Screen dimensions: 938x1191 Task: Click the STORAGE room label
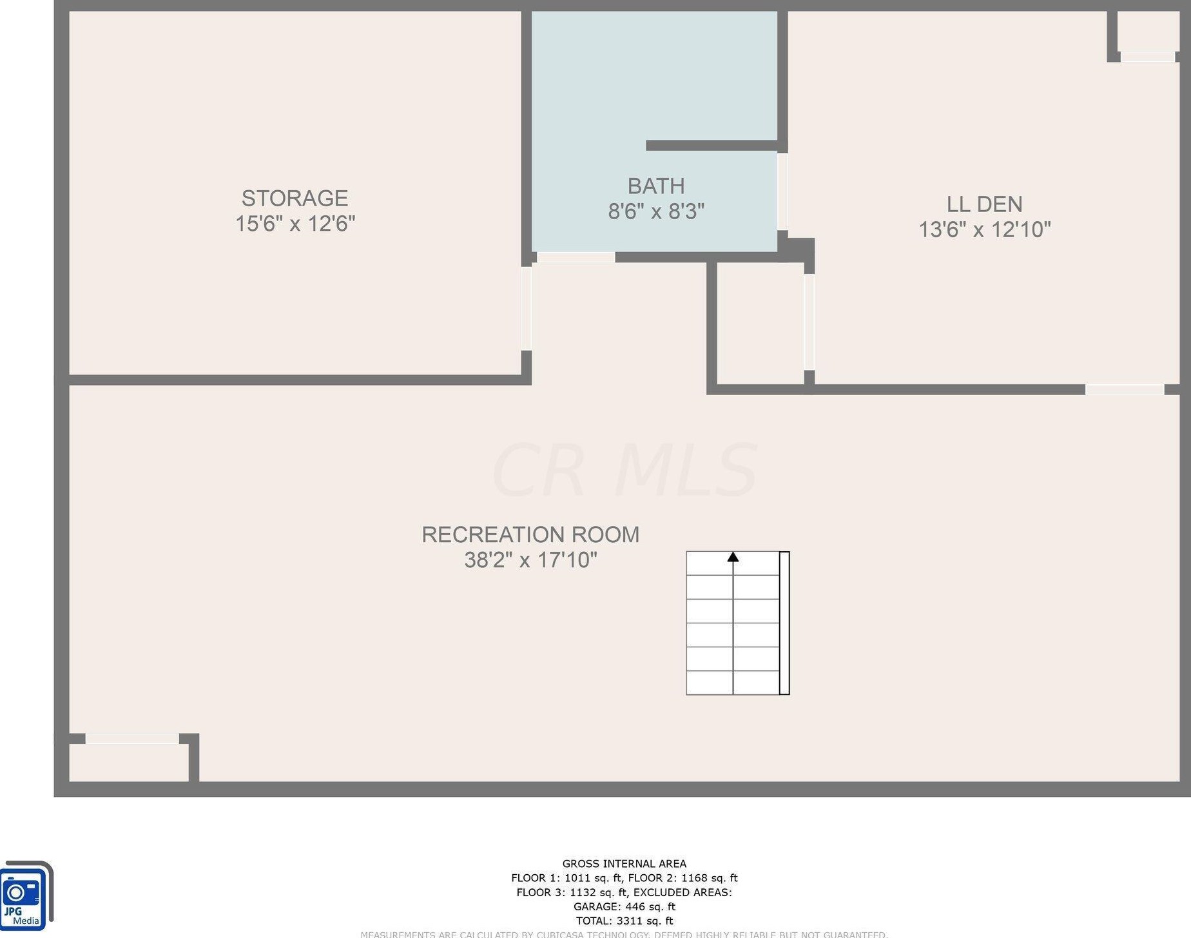coord(295,198)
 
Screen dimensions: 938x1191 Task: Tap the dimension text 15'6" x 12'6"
coord(295,224)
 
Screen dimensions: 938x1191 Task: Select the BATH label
coord(655,186)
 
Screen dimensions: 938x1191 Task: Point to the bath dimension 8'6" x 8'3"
coord(655,211)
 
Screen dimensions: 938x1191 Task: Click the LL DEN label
coord(983,204)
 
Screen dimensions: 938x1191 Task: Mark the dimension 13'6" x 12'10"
coord(983,230)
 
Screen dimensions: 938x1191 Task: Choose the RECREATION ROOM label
coord(530,534)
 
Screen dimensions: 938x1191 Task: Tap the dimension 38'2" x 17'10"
coord(530,560)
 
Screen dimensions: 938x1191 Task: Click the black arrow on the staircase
coord(733,557)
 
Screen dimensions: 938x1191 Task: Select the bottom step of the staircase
coord(733,683)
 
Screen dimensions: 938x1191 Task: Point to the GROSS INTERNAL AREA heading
coord(624,863)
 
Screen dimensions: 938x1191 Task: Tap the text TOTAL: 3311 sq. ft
coord(624,921)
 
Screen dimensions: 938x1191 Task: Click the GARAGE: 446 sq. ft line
coord(624,906)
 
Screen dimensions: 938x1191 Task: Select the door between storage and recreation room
coord(526,308)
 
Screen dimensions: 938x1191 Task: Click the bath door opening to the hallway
coord(576,257)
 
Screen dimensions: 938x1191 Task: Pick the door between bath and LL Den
coord(782,191)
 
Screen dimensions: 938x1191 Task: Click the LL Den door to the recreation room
coord(1124,389)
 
